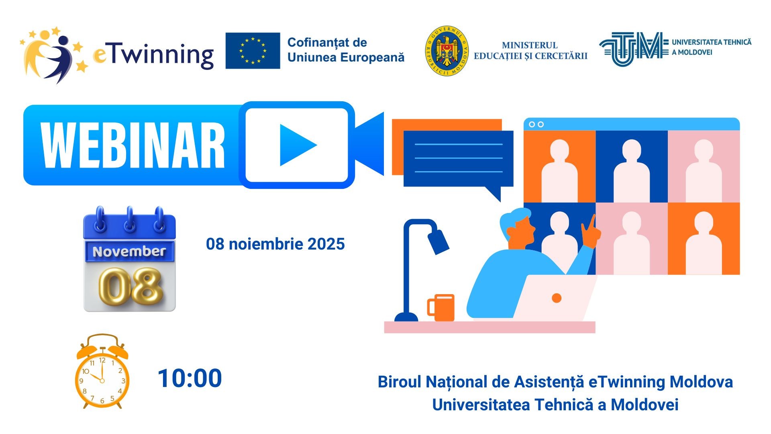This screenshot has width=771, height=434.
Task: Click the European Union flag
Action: coord(253,51)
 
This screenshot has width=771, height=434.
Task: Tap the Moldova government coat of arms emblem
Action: coord(447,51)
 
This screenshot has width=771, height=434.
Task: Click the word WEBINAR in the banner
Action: coord(133,145)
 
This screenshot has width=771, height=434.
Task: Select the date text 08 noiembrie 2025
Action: coord(275,244)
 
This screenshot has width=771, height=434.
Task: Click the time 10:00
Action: coord(190,378)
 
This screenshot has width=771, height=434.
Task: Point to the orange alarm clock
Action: coord(102,371)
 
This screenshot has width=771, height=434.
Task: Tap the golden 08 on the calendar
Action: coord(131,286)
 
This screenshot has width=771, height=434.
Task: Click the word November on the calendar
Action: coord(129,252)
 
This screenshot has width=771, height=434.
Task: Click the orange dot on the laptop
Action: coord(557,298)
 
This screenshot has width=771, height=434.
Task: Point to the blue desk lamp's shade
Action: coord(438,242)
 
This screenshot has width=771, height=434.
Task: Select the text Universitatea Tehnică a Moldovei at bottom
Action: coord(555,405)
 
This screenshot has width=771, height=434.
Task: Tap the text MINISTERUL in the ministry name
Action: coord(530,45)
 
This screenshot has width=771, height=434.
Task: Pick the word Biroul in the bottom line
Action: coord(399,382)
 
